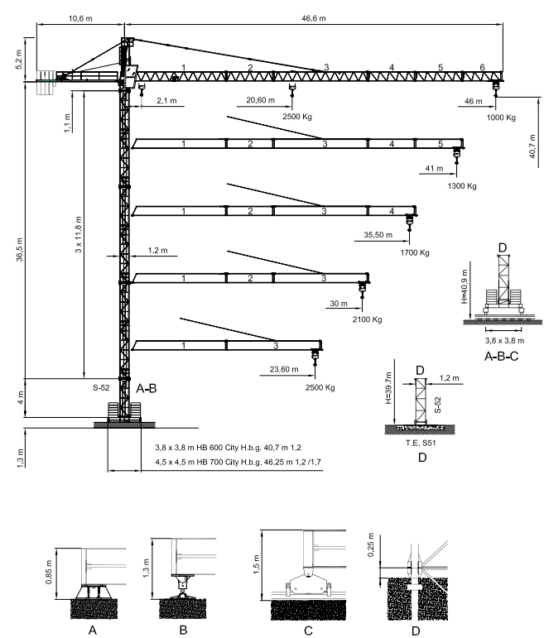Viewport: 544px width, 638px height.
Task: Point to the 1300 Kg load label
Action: coord(461,185)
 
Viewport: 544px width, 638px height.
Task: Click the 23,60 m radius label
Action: coord(284,370)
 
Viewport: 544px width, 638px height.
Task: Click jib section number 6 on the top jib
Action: coord(482,67)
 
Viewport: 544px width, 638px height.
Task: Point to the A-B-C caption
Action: coord(501,360)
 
